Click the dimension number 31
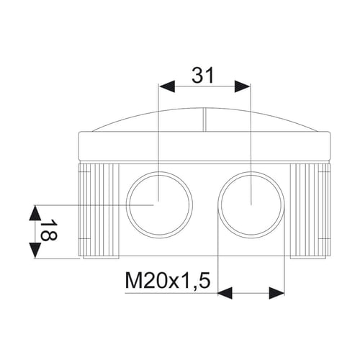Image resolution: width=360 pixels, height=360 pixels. [x=203, y=75]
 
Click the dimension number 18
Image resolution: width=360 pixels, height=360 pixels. [x=48, y=230]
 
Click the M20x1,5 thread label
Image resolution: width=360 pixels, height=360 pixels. [x=168, y=281]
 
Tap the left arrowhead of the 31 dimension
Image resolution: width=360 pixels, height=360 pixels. [x=167, y=86]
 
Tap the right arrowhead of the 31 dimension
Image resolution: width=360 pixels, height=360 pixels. [x=243, y=86]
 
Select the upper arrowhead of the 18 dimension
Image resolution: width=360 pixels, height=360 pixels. [x=35, y=212]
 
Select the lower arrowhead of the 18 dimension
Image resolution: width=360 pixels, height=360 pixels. [x=35, y=251]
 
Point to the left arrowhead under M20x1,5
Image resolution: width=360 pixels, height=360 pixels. [x=225, y=293]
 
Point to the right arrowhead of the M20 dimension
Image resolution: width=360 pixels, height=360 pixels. [x=276, y=293]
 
